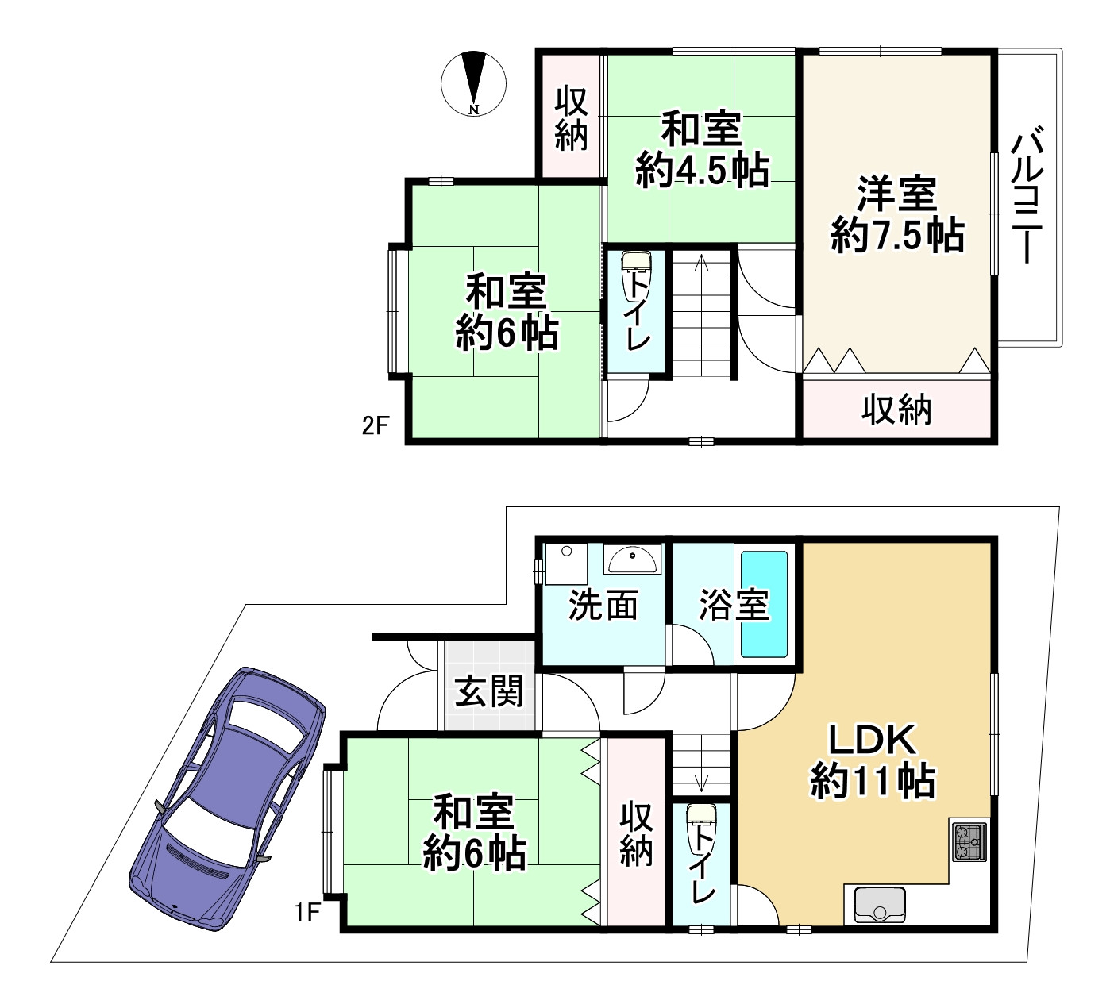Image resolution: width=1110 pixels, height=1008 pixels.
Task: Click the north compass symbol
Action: pos(473,83)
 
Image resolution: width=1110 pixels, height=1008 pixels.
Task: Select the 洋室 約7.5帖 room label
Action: pos(897,214)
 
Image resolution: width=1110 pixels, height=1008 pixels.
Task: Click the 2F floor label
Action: pos(376,425)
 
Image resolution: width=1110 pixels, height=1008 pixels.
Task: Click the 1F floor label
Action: pos(307,912)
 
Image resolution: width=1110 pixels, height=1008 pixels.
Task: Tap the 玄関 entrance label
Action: pos(488,691)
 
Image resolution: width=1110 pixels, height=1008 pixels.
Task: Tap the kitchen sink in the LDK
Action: pos(880,905)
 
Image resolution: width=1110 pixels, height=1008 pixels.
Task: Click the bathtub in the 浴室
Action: pos(764,603)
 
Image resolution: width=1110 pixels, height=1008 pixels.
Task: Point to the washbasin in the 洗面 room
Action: pos(632,560)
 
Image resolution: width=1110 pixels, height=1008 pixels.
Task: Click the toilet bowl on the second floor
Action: pos(636,277)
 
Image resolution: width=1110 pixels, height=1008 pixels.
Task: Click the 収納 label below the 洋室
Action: pos(896,410)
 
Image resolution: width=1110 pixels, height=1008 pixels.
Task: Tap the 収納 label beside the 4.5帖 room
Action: pos(571,118)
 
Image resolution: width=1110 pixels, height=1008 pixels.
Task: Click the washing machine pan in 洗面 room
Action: pos(566,564)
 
